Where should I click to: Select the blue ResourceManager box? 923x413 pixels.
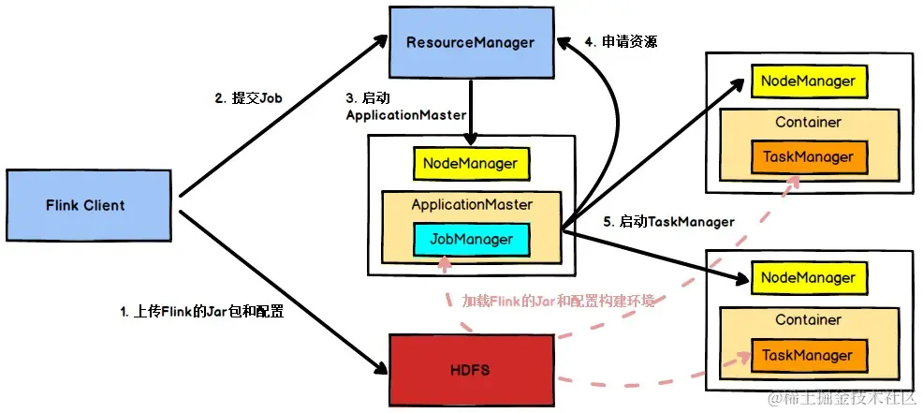click(x=470, y=42)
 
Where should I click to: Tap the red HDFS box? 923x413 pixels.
click(x=470, y=370)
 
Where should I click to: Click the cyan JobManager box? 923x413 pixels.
click(x=471, y=239)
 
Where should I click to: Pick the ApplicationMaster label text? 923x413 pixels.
click(x=472, y=204)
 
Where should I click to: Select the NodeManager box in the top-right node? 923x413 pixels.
click(x=808, y=81)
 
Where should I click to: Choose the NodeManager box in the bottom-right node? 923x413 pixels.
click(x=808, y=278)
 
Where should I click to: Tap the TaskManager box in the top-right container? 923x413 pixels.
click(x=808, y=157)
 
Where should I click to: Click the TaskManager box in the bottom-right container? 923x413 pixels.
click(x=808, y=355)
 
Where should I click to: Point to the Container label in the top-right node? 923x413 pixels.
click(x=808, y=123)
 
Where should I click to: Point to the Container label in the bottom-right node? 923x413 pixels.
click(x=808, y=320)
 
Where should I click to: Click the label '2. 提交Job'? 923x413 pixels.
click(x=248, y=96)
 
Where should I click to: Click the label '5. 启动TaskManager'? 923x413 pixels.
click(x=668, y=222)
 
